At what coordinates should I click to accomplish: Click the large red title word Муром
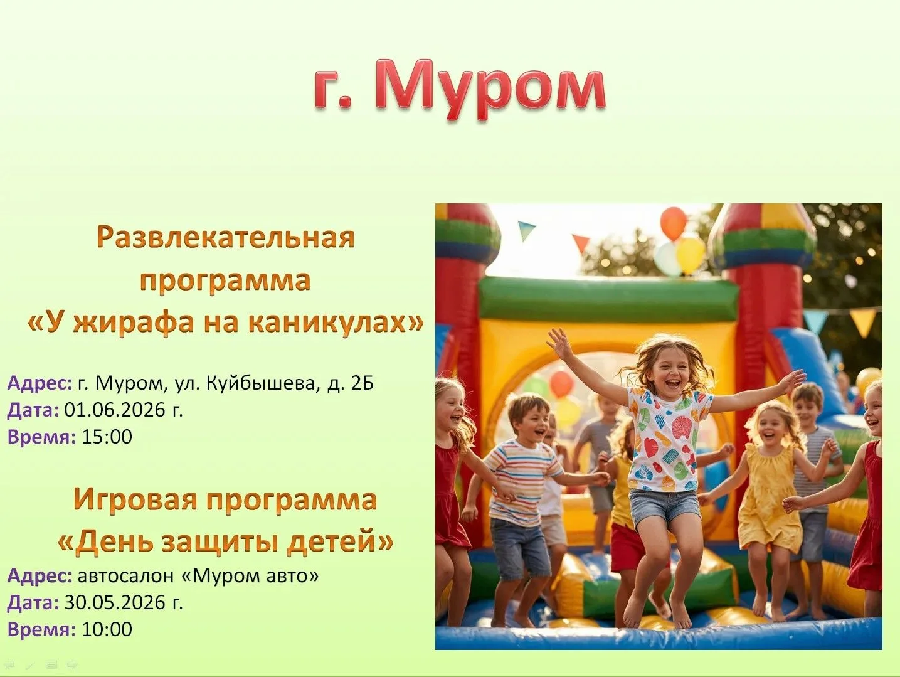(490, 89)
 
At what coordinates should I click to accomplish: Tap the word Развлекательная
(226, 237)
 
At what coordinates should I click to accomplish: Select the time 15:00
(107, 436)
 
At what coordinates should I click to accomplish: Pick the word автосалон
(125, 576)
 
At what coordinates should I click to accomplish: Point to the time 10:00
(107, 629)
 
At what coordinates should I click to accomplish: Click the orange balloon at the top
(673, 223)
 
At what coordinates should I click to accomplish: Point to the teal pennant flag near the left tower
(526, 230)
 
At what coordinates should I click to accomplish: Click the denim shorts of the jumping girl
(664, 508)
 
